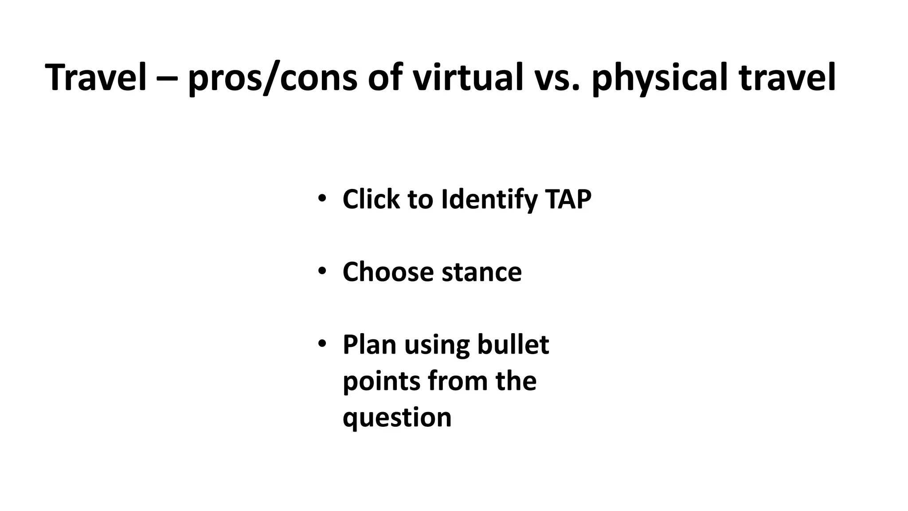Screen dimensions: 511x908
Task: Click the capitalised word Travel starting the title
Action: click(96, 78)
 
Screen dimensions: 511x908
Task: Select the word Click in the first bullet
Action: click(371, 199)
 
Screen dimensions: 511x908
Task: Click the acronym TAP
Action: click(569, 199)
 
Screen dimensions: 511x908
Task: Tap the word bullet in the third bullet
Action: click(513, 345)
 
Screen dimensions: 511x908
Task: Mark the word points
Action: click(381, 382)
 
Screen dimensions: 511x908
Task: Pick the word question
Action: click(397, 418)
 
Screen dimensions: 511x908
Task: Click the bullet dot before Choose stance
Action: click(322, 271)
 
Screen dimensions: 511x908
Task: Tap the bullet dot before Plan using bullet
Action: click(322, 343)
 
